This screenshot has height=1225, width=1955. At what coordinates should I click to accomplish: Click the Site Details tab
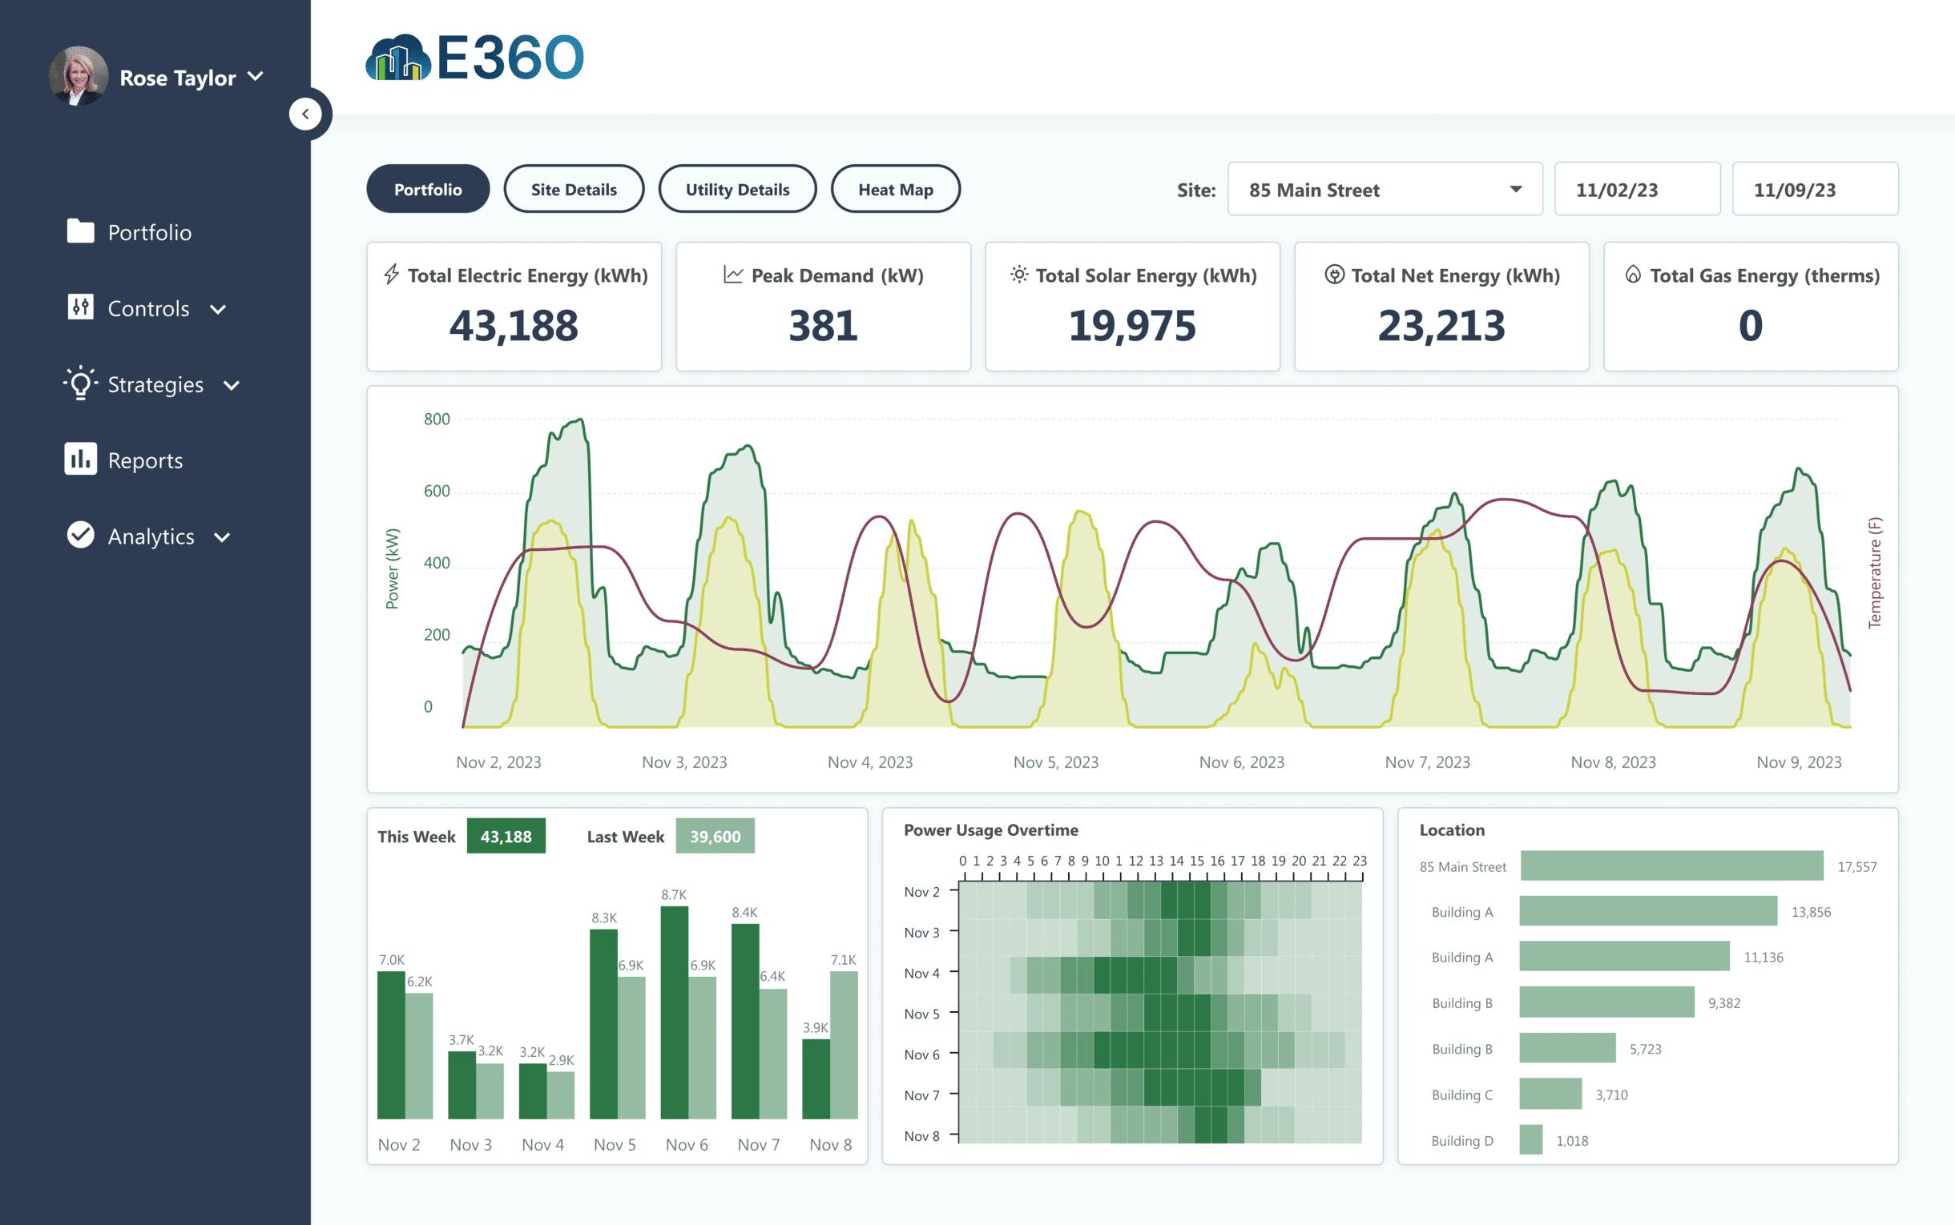[573, 189]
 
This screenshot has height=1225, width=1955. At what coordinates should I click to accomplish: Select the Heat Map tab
[895, 189]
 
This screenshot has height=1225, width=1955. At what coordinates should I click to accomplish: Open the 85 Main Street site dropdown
[1385, 190]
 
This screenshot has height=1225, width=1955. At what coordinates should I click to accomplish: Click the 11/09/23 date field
[1814, 190]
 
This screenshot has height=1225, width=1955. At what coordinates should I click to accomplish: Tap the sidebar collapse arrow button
[305, 114]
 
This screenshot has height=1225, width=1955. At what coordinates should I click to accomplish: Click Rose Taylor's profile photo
[79, 76]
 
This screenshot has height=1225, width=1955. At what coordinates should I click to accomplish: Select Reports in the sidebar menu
[144, 460]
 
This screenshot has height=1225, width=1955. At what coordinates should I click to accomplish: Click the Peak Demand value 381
[823, 326]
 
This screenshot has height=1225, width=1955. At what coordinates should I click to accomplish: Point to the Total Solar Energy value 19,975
[1131, 326]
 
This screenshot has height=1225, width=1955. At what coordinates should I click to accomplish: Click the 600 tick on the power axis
[436, 491]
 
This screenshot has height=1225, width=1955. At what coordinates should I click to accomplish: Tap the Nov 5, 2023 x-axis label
[1055, 762]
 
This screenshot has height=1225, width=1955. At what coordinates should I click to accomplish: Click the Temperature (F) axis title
[1874, 572]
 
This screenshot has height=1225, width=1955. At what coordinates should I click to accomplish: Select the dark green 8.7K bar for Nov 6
[674, 1013]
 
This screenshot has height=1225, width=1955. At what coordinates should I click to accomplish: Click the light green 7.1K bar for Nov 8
[844, 1045]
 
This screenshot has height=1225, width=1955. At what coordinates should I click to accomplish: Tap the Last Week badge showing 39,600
[714, 836]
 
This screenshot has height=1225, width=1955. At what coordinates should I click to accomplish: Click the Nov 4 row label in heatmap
[921, 973]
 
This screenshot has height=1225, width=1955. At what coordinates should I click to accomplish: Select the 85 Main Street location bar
[1671, 866]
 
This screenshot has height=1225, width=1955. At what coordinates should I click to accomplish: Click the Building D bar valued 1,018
[1530, 1140]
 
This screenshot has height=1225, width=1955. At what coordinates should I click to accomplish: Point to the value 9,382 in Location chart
[1723, 1003]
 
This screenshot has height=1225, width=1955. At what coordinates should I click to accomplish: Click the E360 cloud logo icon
[397, 58]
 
